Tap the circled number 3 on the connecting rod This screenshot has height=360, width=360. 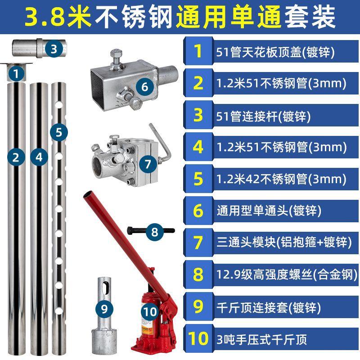pyautogui.click(x=54, y=49)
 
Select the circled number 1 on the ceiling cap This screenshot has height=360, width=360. pyautogui.click(x=16, y=73)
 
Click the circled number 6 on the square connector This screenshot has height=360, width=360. pyautogui.click(x=144, y=87)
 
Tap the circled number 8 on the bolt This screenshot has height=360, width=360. pyautogui.click(x=154, y=232)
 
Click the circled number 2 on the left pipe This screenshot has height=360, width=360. pyautogui.click(x=16, y=157)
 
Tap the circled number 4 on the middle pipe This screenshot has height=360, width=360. pyautogui.click(x=39, y=157)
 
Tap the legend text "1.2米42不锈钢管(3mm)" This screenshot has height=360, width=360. pyautogui.click(x=281, y=179)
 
